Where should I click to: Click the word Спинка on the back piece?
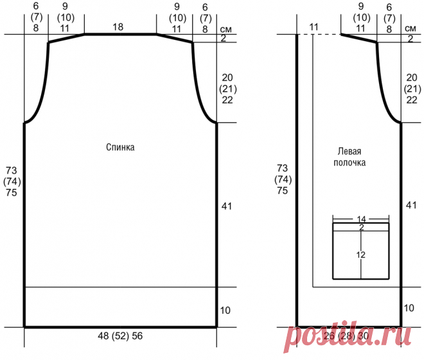tap(120, 147)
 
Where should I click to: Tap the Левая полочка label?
tap(349, 157)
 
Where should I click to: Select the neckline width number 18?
tap(118, 27)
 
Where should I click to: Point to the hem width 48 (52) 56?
tap(120, 336)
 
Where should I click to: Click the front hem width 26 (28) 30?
tap(346, 336)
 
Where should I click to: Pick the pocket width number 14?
tap(361, 219)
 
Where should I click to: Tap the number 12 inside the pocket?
tap(361, 255)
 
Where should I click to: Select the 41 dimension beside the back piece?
tap(227, 206)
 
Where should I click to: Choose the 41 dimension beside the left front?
tap(411, 205)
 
